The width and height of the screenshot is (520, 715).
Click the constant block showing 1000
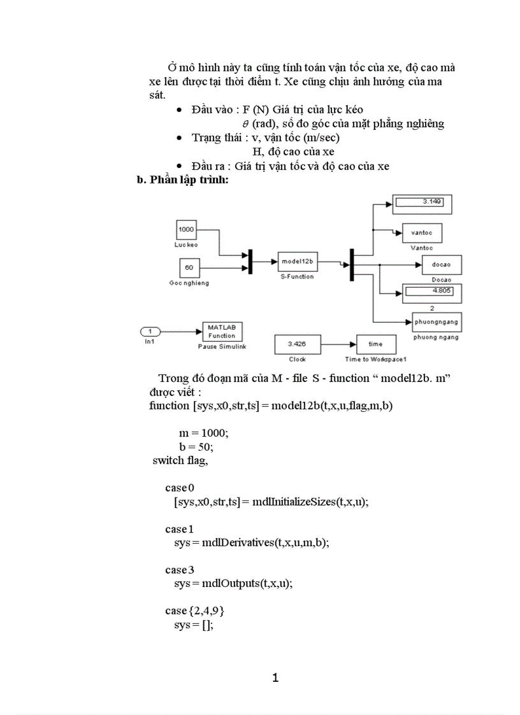click(186, 230)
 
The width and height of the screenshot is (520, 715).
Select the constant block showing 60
click(189, 268)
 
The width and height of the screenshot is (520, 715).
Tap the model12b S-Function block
click(296, 262)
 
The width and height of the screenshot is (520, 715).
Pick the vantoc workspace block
click(421, 233)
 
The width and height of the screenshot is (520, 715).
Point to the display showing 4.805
click(431, 292)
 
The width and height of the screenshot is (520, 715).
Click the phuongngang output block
click(437, 323)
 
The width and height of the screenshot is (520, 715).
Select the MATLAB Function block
click(222, 332)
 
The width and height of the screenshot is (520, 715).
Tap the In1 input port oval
click(150, 331)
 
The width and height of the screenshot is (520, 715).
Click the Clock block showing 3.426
click(293, 344)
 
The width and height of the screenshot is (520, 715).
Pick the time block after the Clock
click(375, 344)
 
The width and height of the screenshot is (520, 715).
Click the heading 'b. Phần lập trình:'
click(183, 180)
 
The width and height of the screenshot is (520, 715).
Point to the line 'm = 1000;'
click(203, 432)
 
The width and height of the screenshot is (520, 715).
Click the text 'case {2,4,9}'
click(194, 611)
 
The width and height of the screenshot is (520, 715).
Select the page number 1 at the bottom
click(275, 677)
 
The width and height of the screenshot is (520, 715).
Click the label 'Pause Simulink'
click(222, 348)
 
